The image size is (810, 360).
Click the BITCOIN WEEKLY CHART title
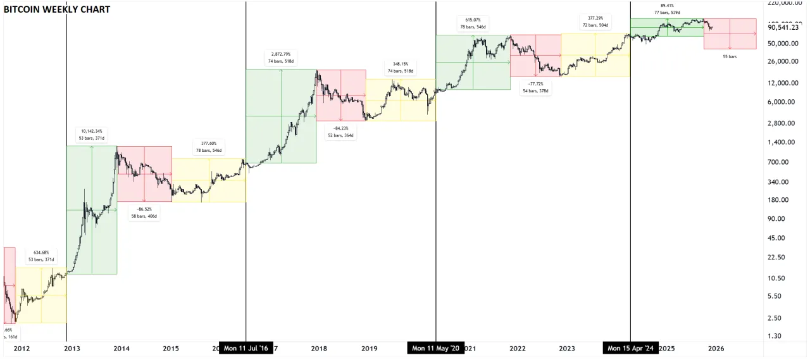coord(57,9)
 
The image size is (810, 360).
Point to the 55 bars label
coord(730,57)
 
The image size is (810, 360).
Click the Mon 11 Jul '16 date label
coord(246,348)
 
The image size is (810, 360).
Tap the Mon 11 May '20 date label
coord(436,348)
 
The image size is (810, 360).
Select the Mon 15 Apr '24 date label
coord(631,348)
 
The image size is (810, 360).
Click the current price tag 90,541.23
coord(783,28)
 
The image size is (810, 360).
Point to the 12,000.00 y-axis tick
coord(782,83)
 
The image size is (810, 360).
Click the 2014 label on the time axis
coord(121,348)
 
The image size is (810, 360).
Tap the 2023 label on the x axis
coord(566,348)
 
